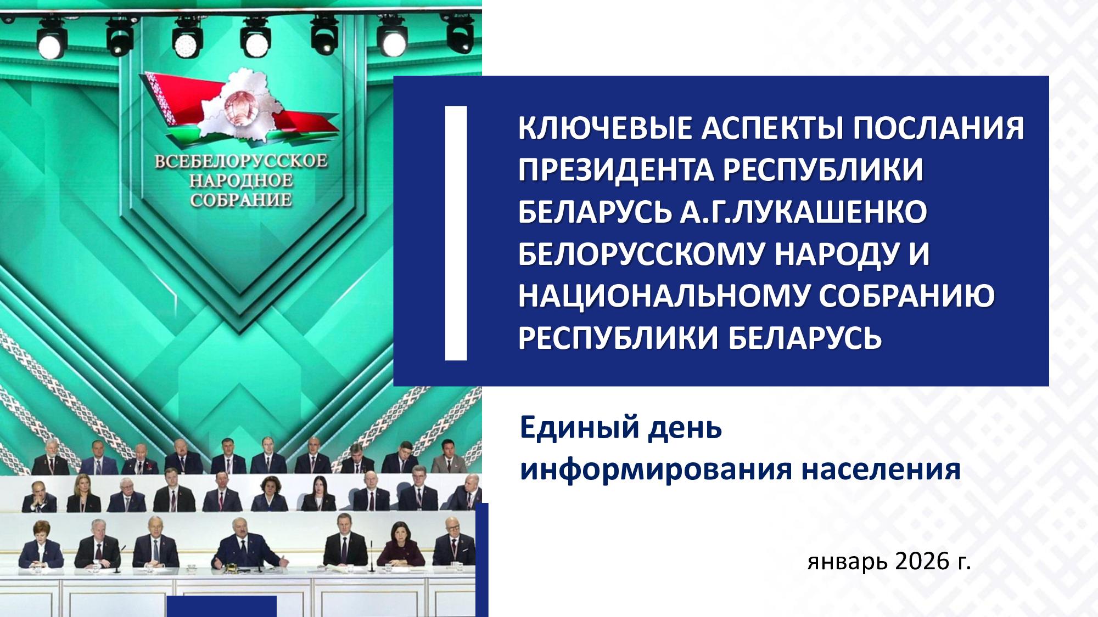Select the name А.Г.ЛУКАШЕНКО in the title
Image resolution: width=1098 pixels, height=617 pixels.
[x=804, y=212]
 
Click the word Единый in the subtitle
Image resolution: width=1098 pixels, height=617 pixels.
[x=580, y=428]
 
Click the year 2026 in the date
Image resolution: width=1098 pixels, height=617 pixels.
[x=922, y=561]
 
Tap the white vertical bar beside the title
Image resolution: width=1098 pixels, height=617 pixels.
[x=456, y=233]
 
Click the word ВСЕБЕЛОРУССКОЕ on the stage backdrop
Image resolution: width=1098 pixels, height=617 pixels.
[x=241, y=161]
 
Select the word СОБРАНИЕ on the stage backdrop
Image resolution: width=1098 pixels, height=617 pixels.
[x=241, y=200]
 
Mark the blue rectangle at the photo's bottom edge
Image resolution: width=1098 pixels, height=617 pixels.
[x=221, y=607]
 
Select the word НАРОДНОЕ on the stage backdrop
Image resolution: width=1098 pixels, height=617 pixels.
[x=241, y=180]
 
